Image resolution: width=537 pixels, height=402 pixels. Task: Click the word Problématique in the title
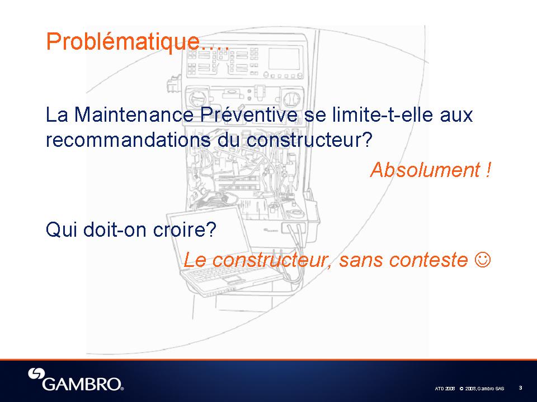pos(123,42)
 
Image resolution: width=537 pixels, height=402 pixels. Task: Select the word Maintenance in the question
pos(134,114)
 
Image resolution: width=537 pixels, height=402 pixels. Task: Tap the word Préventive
pos(249,114)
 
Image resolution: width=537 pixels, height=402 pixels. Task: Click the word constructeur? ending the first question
pos(309,140)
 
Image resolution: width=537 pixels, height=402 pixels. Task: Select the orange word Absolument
pos(425,170)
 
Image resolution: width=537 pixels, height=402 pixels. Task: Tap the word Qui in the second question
pos(61,229)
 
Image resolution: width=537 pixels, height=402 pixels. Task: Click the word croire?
pos(185,229)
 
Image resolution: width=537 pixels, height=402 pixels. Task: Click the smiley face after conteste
pos(483,260)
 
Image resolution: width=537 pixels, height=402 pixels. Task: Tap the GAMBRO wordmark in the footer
pos(83,384)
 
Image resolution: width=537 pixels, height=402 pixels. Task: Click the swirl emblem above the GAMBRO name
pos(36,374)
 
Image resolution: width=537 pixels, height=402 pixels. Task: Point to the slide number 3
pos(521,387)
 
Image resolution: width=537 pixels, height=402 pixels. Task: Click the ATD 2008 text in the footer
pos(445,389)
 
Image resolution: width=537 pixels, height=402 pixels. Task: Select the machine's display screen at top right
pos(284,59)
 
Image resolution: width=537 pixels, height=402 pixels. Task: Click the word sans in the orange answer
pos(361,260)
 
